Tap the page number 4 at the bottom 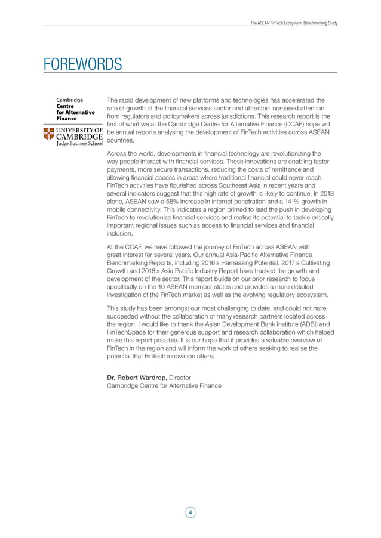190,512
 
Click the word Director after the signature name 185,378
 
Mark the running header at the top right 294,23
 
